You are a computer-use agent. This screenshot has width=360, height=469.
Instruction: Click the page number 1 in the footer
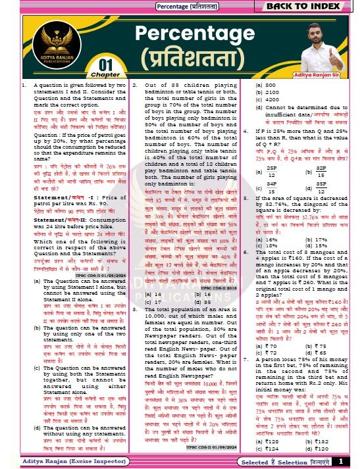point(341,461)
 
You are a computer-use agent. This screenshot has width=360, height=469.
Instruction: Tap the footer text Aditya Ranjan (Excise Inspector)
point(57,461)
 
